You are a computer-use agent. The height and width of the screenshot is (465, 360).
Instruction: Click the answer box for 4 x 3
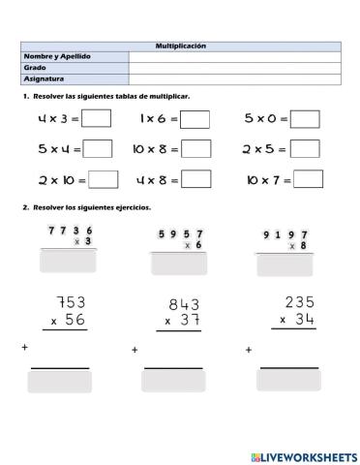(x=97, y=118)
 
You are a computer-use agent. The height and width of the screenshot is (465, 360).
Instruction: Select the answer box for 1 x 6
(x=195, y=119)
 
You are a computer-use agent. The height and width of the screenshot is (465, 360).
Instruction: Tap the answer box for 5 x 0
(x=306, y=118)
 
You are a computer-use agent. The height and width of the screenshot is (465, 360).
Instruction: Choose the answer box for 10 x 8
(x=196, y=148)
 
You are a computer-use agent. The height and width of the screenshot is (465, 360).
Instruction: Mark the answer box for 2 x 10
(x=104, y=179)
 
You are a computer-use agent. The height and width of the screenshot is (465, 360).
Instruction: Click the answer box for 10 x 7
(x=308, y=179)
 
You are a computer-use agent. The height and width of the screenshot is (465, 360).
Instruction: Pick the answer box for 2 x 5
(x=306, y=148)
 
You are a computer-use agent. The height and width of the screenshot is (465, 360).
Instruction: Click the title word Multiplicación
(x=181, y=46)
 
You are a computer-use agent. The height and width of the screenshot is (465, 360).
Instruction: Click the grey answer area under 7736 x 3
(x=69, y=261)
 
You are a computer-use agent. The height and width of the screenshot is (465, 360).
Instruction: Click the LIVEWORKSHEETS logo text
(x=303, y=454)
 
